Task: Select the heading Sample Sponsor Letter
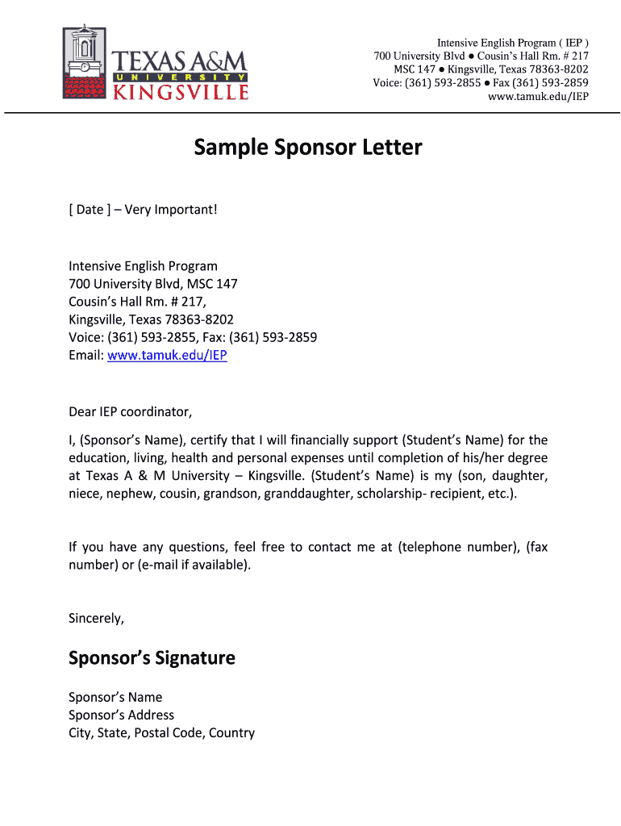pos(307,148)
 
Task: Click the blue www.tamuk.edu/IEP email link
pos(167,355)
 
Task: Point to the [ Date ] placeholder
pos(86,210)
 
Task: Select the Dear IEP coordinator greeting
pos(131,412)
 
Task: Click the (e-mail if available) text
pos(194,565)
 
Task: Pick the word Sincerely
pos(96,619)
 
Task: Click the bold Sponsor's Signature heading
pos(152,658)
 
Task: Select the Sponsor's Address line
pos(121,715)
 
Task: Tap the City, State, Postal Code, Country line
pos(161,732)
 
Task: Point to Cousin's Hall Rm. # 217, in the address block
pos(137,302)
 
